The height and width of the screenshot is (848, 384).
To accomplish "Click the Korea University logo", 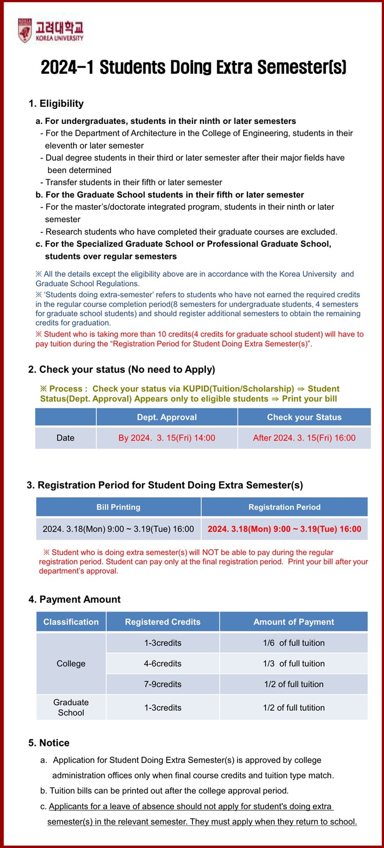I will tap(51, 31).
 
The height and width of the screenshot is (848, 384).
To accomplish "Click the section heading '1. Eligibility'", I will tap(56, 104).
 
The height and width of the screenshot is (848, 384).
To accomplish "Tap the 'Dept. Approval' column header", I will tap(166, 417).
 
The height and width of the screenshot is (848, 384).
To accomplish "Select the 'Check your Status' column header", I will tap(304, 417).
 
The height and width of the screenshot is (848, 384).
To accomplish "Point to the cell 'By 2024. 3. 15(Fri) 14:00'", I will tap(166, 438).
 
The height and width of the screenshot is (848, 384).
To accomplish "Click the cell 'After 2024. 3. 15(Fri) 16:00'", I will tap(304, 438).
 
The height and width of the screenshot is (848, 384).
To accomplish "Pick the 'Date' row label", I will tap(65, 438).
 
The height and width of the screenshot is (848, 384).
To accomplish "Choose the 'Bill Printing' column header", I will tap(118, 507).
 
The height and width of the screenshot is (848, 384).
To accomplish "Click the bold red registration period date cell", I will tap(284, 529).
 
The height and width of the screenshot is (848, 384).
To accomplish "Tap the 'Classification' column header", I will tap(71, 622).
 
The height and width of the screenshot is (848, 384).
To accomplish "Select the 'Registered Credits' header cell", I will tap(163, 622).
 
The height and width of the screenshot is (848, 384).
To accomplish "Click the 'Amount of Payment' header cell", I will tap(293, 622).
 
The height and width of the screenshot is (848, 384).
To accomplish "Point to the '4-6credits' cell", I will tap(163, 663).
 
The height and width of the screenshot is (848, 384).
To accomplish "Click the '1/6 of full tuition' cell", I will tap(293, 643).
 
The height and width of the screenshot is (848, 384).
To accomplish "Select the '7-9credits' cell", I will tap(163, 684).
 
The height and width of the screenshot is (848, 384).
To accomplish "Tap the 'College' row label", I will tap(71, 663).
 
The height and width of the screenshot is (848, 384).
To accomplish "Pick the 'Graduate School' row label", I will tap(71, 708).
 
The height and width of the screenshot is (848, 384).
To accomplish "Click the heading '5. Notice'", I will tap(49, 743).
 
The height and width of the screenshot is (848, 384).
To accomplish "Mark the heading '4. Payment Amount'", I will tap(75, 599).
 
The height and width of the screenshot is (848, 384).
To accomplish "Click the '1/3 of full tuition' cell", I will tap(293, 663).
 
